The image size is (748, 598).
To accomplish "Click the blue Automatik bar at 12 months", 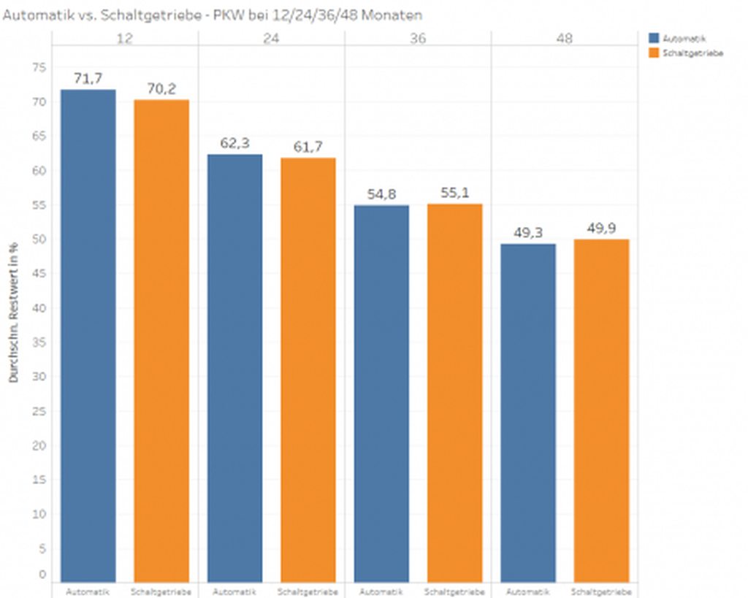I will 88,336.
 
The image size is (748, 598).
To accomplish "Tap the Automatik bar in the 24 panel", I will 234,368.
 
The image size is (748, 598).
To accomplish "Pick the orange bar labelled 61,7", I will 308,369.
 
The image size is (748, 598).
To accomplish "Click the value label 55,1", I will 455,193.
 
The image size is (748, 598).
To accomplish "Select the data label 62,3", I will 234,143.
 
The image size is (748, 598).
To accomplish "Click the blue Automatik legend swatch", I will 653,38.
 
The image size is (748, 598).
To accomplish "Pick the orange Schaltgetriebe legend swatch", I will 653,53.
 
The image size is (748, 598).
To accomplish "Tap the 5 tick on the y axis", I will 42,548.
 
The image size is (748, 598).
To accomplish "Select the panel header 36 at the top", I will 418,38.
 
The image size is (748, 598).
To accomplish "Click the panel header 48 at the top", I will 565,38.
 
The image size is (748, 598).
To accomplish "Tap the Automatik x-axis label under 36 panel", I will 381,591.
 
